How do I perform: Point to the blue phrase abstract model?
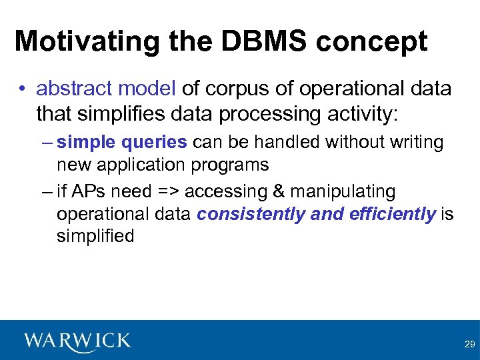pos(106,89)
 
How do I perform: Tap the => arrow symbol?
pos(168,192)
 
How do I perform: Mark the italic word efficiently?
pos(392,214)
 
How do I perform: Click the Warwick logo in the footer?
pos(77,341)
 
